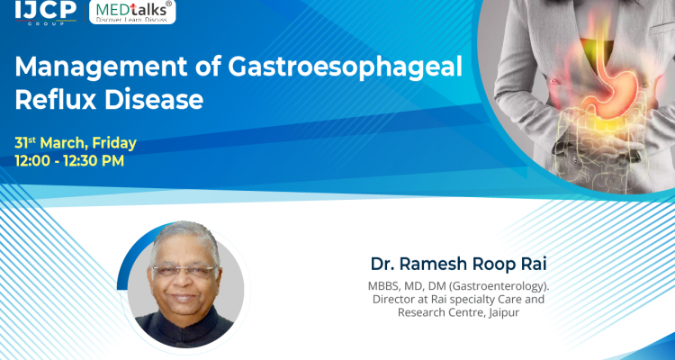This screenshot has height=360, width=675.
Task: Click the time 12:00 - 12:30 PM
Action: (x=69, y=161)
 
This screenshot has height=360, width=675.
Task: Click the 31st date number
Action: (x=25, y=143)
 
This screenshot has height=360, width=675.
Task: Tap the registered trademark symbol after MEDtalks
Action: (x=170, y=4)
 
